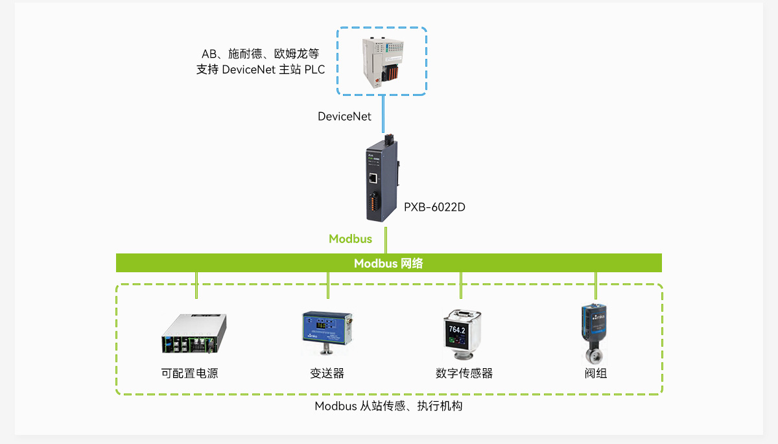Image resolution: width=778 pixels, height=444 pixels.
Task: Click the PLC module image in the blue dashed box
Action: tap(381, 62)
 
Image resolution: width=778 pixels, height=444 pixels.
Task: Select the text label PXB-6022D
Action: tap(434, 207)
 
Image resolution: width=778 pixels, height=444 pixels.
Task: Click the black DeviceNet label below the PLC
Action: tap(344, 117)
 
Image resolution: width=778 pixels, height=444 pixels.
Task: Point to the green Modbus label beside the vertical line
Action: tap(350, 239)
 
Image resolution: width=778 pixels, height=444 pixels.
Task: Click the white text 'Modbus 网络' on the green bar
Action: tap(388, 263)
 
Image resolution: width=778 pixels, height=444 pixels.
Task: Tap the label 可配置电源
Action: tap(189, 373)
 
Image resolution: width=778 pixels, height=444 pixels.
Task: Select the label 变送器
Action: tap(327, 373)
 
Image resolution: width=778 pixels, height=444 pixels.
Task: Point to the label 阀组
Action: tap(596, 373)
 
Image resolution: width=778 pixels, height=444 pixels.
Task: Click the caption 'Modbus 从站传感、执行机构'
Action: tap(388, 406)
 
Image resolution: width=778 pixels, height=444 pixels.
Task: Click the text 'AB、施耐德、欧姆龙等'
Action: tap(260, 53)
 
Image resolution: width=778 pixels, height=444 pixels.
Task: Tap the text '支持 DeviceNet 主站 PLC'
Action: tap(261, 70)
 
